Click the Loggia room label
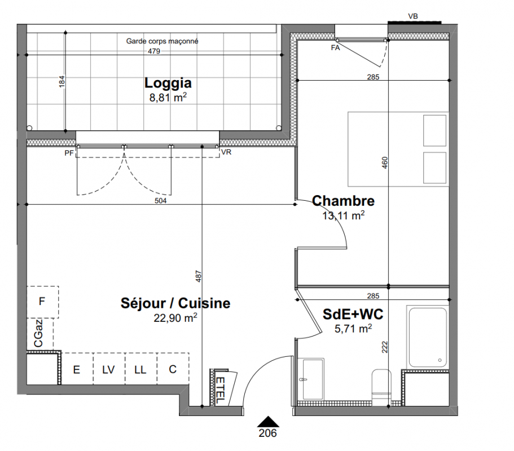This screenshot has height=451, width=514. (168, 83)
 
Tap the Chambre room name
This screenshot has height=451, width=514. (343, 201)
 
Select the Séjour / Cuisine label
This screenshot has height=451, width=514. (175, 303)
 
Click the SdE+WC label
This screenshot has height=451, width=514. (353, 314)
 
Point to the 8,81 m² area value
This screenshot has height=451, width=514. (168, 98)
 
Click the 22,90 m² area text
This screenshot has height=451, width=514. (175, 317)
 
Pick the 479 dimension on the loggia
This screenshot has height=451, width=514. (153, 51)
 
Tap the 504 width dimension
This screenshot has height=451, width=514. (161, 201)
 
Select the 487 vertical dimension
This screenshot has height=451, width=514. (198, 276)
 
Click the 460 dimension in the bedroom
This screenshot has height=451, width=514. (385, 163)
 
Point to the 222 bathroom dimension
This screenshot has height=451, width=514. (385, 347)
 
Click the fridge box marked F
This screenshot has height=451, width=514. (42, 302)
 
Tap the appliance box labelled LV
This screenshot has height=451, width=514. (108, 369)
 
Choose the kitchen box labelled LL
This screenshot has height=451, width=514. (140, 369)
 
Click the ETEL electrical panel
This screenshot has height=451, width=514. (223, 388)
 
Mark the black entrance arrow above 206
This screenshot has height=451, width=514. (268, 422)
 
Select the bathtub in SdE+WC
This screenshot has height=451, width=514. (428, 337)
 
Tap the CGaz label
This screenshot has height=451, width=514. (38, 333)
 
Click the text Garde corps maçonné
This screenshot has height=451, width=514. (162, 41)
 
